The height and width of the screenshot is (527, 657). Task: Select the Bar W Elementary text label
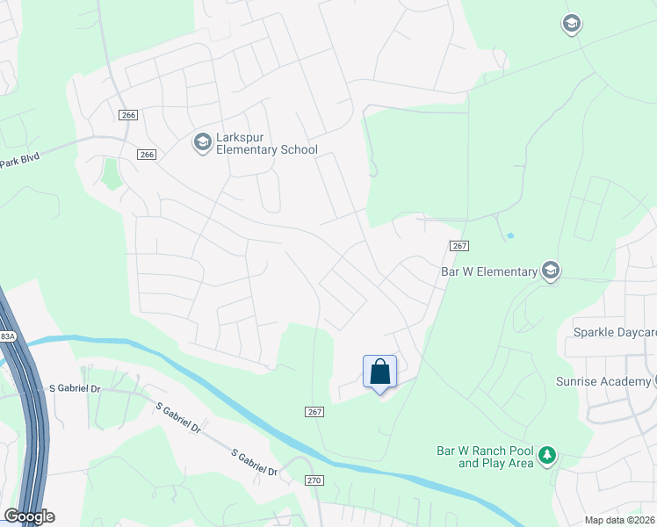pyautogui.click(x=488, y=271)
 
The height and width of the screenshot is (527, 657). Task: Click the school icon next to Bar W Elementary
pyautogui.click(x=551, y=270)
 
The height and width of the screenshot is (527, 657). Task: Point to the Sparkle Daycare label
pyautogui.click(x=614, y=332)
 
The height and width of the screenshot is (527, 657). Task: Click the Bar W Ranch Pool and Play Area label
pyautogui.click(x=485, y=457)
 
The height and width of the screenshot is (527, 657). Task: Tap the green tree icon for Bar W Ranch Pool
pyautogui.click(x=548, y=454)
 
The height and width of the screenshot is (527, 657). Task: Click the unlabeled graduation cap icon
pyautogui.click(x=572, y=25)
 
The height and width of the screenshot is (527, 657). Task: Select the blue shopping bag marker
pyautogui.click(x=379, y=372)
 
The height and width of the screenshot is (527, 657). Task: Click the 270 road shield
pyautogui.click(x=314, y=480)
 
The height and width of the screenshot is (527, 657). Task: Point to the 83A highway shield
pyautogui.click(x=7, y=336)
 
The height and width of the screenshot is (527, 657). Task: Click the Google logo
pyautogui.click(x=29, y=516)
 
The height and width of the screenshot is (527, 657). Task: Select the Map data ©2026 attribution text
pyautogui.click(x=620, y=520)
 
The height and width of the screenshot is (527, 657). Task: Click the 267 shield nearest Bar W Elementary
pyautogui.click(x=459, y=247)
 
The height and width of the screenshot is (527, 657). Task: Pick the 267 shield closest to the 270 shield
pyautogui.click(x=314, y=412)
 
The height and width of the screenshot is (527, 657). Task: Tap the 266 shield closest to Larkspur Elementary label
pyautogui.click(x=146, y=155)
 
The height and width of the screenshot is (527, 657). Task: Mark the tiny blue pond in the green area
pyautogui.click(x=510, y=235)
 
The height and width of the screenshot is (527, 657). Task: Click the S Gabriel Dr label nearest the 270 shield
pyautogui.click(x=255, y=462)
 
